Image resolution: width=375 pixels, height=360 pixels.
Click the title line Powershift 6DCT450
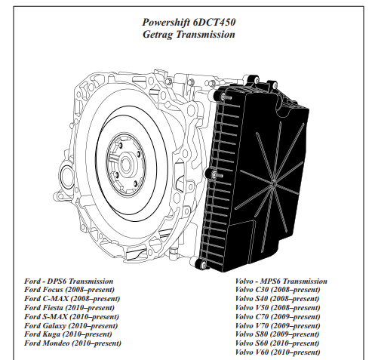click(189, 22)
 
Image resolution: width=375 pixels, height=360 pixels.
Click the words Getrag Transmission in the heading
click(189, 34)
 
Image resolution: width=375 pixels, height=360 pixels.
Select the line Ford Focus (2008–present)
click(69, 290)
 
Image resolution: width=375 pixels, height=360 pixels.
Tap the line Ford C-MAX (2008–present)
click(72, 299)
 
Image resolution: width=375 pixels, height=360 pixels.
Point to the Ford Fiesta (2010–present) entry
click(69, 308)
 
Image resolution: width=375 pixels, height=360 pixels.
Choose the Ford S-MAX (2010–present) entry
click(72, 316)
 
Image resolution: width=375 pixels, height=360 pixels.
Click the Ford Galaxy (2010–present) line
click(71, 326)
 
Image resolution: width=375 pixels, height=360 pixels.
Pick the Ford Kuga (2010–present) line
click(68, 334)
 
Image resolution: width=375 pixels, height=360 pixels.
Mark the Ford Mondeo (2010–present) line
click(72, 343)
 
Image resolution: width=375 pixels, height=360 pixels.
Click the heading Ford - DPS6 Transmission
click(69, 281)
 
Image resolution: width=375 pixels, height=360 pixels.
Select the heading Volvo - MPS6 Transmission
click(281, 281)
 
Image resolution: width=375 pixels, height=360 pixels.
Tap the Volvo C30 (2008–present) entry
click(278, 290)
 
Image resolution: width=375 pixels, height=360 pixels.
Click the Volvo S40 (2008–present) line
click(277, 299)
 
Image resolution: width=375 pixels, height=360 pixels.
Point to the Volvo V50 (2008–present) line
click(278, 308)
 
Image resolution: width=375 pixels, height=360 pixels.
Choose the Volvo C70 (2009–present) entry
click(278, 316)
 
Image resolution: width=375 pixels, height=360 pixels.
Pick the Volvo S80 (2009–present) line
click(277, 334)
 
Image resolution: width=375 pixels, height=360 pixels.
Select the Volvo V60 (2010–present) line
click(278, 352)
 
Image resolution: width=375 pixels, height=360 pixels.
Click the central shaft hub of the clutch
click(126, 165)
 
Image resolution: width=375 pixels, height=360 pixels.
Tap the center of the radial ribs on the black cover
click(274, 181)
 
